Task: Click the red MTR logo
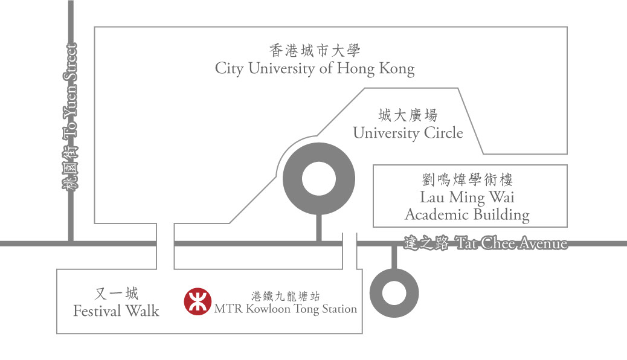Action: [x=198, y=301]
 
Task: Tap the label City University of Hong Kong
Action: [x=315, y=69]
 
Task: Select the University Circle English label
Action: [x=408, y=133]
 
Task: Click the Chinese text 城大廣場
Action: [x=408, y=115]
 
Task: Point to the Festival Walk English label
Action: [x=116, y=311]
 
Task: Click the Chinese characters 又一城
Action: [x=117, y=294]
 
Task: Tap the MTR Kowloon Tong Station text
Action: [x=286, y=309]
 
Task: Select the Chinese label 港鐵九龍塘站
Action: [x=286, y=296]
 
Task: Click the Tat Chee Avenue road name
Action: [x=512, y=243]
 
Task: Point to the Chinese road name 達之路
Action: [x=426, y=243]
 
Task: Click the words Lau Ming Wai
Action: [x=467, y=197]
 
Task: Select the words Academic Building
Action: [x=467, y=215]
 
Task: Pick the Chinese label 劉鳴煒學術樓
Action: [x=467, y=179]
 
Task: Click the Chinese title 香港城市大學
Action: [x=315, y=50]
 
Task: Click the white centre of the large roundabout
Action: [x=319, y=179]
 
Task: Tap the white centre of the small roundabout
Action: [x=394, y=293]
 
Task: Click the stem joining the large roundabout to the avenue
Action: [x=319, y=228]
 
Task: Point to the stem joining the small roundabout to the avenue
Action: [x=394, y=257]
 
